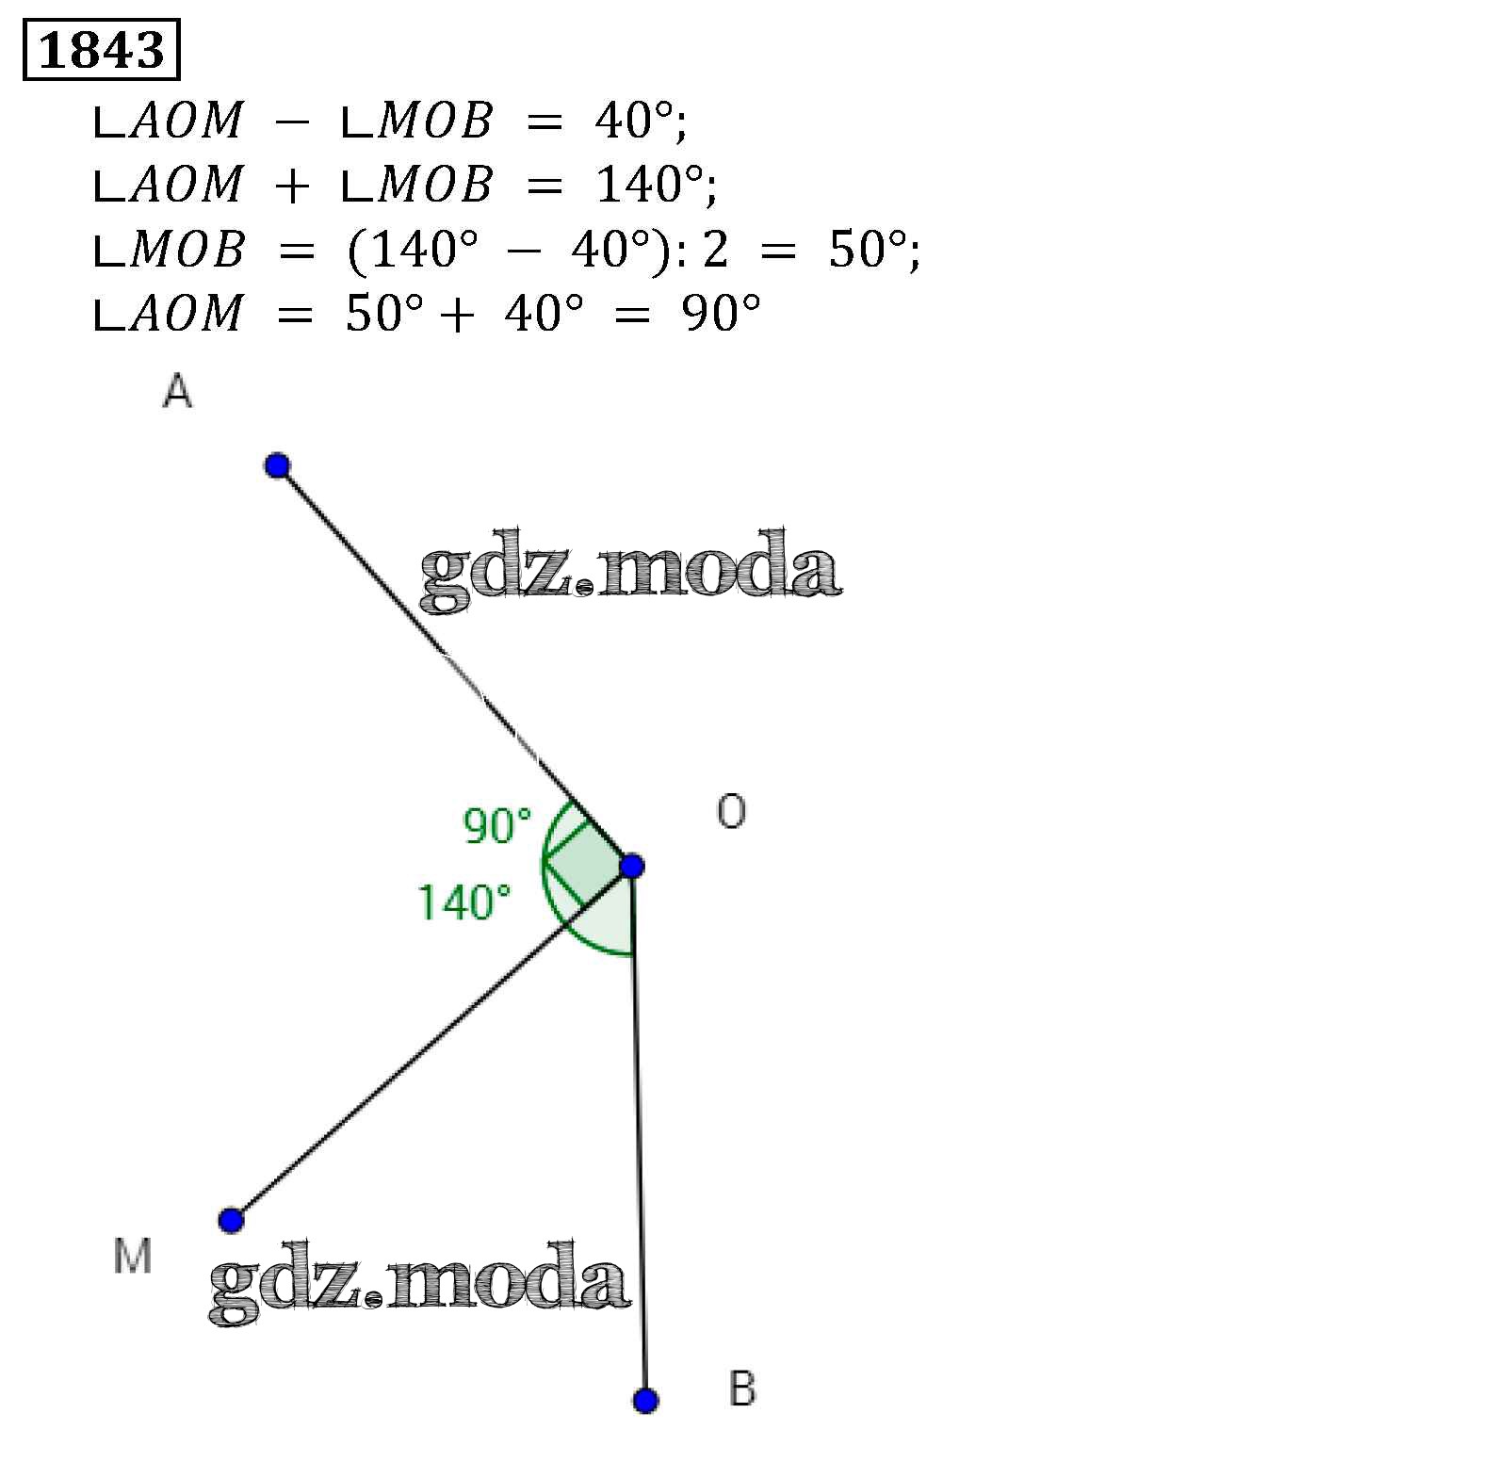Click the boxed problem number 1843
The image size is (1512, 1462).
tap(101, 51)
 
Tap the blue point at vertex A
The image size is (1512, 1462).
tap(277, 465)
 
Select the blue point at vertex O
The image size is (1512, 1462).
tap(632, 866)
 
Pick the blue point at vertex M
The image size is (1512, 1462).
tap(231, 1220)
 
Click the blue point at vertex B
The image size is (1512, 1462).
tap(645, 1401)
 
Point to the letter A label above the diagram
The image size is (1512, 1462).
tap(177, 391)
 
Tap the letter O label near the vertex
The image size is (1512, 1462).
tap(731, 811)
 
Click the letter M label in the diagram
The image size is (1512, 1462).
tap(132, 1256)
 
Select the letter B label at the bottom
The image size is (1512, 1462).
tap(742, 1389)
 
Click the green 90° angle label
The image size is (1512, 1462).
tap(497, 826)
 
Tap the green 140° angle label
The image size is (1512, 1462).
tap(464, 902)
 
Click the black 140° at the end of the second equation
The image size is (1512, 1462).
tap(651, 185)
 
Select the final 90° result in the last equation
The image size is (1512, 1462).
tap(721, 314)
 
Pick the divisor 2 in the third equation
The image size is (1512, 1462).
tap(715, 251)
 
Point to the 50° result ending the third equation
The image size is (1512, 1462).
tap(869, 251)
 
